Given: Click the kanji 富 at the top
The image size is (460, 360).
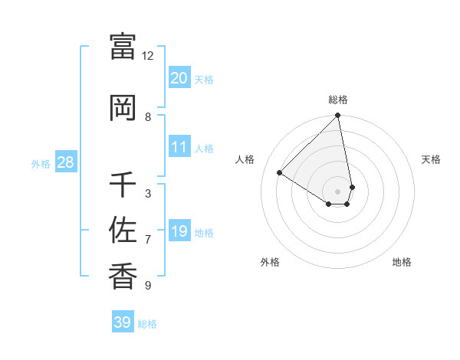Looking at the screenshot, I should tap(123, 47).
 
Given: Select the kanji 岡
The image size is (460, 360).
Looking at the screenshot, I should tap(123, 108).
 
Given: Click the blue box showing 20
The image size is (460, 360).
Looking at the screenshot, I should tap(179, 78).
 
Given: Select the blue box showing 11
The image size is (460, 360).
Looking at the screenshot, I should tap(179, 147).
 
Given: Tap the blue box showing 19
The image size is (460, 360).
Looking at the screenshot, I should tap(179, 231).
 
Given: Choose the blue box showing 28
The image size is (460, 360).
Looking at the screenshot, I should tap(65, 162).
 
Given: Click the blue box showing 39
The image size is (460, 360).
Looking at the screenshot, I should tap(123, 322).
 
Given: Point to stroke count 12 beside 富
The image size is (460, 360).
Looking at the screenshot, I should tap(148, 56).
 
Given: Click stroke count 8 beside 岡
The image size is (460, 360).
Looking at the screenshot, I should tap(148, 117).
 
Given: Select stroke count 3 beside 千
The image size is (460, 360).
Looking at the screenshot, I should tap(148, 194).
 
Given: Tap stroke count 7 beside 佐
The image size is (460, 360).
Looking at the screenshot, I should tap(148, 240).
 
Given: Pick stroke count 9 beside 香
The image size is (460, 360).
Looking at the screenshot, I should tap(148, 286).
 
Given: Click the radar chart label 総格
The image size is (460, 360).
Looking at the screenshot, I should tap(338, 100).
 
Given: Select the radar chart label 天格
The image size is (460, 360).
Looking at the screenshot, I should tap(431, 159).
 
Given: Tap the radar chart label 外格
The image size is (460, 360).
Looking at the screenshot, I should tap(270, 262).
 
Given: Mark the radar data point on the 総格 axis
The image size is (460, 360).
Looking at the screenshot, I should tap(338, 116).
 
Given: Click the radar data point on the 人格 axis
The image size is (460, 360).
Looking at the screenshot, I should tap(280, 173).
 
